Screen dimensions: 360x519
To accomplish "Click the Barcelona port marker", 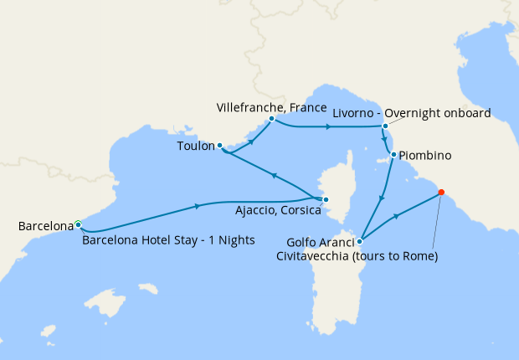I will (x=78, y=224).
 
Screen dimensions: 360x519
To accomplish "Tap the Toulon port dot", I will (x=219, y=146).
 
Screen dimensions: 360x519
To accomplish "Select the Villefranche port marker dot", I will (x=272, y=119).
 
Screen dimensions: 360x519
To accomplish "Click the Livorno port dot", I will (x=385, y=126).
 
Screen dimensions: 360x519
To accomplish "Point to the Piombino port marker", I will (x=393, y=155).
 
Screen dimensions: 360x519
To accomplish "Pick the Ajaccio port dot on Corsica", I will (x=326, y=199).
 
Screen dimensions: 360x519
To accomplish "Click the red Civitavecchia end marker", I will (x=441, y=193).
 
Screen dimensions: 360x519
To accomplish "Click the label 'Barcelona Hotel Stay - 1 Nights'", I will (x=168, y=240).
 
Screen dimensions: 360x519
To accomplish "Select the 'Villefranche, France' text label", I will (x=268, y=107).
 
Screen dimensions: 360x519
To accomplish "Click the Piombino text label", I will (x=425, y=156).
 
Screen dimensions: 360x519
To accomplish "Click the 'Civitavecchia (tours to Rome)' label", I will (x=357, y=256).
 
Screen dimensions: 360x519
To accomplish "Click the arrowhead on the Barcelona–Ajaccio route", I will (x=198, y=206).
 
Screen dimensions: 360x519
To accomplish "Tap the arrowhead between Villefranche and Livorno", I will (x=328, y=127).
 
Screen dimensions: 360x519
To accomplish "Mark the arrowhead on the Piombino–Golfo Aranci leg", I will (x=383, y=198).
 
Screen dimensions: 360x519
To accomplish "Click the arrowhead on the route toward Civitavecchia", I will (x=397, y=217).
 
